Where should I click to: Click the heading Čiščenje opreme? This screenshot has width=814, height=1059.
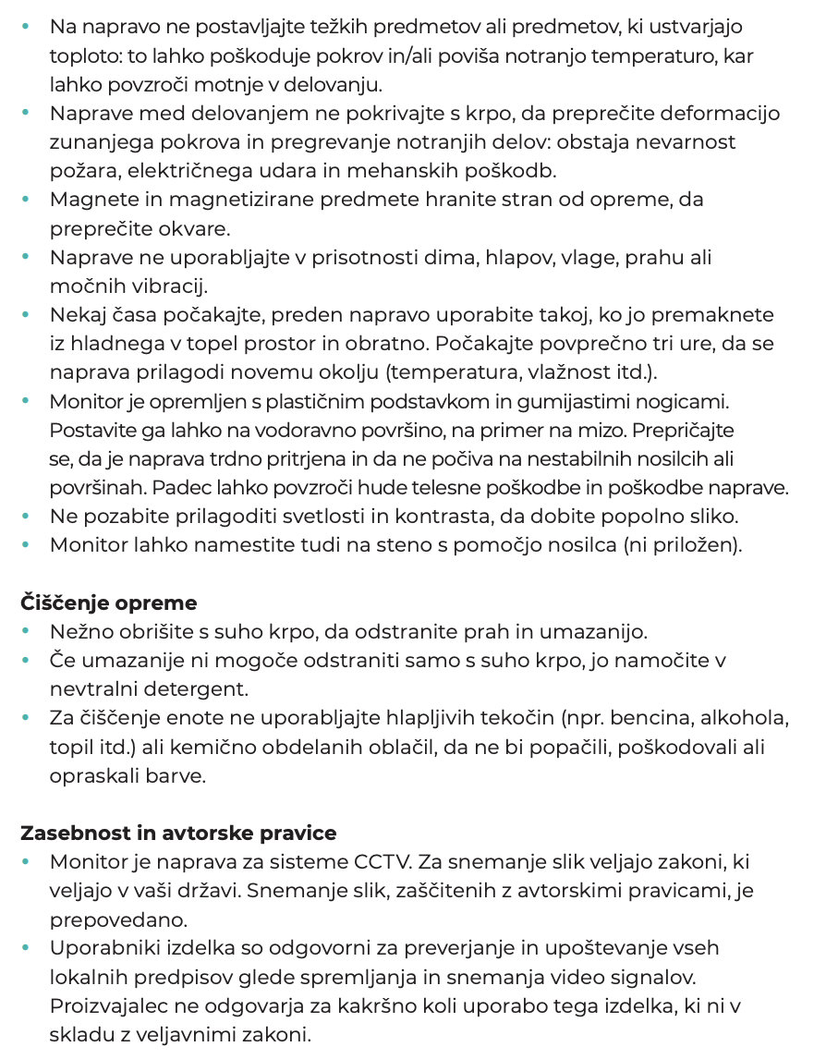pyautogui.click(x=109, y=603)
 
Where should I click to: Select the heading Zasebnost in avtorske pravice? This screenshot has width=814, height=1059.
pyautogui.click(x=178, y=833)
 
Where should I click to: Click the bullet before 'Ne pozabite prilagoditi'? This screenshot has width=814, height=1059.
pyautogui.click(x=26, y=517)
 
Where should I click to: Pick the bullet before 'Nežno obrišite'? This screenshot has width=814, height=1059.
pyautogui.click(x=26, y=632)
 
